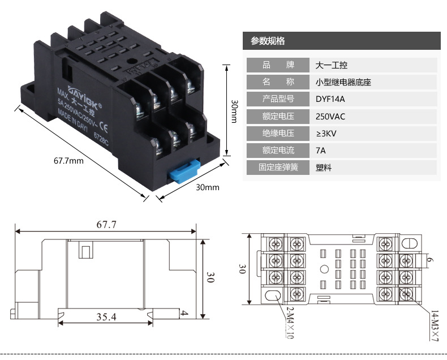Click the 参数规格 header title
pyautogui.click(x=268, y=41)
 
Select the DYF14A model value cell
pyautogui.click(x=330, y=100)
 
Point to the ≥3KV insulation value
pyautogui.click(x=328, y=134)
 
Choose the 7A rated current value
pyautogui.click(x=321, y=151)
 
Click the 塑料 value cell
pyautogui.click(x=324, y=168)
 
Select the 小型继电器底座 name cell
pyautogui.click(x=343, y=83)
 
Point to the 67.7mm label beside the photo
pyautogui.click(x=68, y=160)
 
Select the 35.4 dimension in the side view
pyautogui.click(x=106, y=317)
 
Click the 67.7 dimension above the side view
pyautogui.click(x=106, y=225)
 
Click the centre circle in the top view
pyautogui.click(x=324, y=270)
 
